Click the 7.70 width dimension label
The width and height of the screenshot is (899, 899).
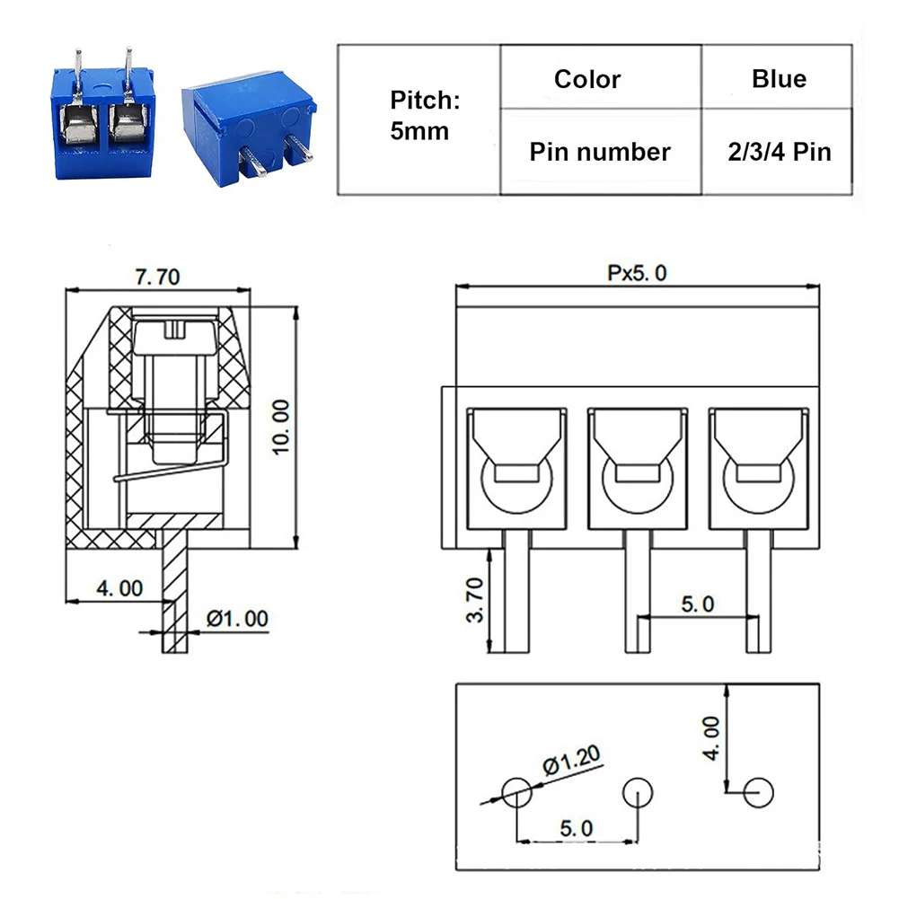click(x=157, y=277)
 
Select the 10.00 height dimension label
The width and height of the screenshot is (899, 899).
click(x=281, y=426)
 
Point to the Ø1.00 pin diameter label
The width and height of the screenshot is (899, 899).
click(x=237, y=619)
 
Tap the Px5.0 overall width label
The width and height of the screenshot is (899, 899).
click(x=638, y=273)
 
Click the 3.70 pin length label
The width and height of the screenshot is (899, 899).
click(x=475, y=600)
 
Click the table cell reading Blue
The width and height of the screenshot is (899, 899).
click(x=778, y=79)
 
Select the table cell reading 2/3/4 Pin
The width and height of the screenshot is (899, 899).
click(x=778, y=152)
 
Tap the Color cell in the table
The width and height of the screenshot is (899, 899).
click(x=586, y=79)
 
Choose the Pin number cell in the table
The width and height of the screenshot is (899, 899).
click(x=599, y=152)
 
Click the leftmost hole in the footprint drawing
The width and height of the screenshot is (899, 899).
click(x=516, y=792)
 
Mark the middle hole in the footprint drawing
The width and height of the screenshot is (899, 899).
click(x=638, y=792)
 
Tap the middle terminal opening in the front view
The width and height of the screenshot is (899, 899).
click(x=638, y=467)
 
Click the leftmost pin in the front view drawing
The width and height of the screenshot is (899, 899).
click(x=516, y=597)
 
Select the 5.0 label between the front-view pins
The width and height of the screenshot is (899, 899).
click(x=696, y=604)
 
